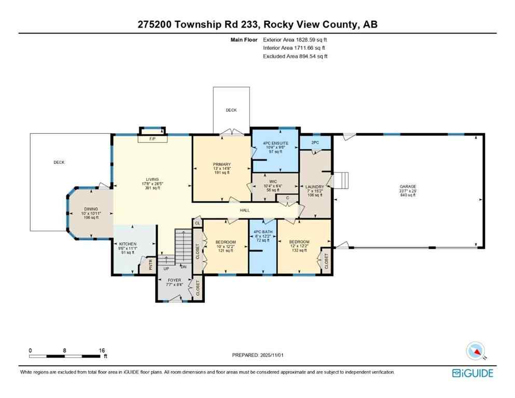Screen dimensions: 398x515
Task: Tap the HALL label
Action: pyautogui.click(x=245, y=210)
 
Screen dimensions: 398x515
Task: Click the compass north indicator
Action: pyautogui.click(x=476, y=352)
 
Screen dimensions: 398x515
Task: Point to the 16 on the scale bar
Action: pyautogui.click(x=102, y=350)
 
